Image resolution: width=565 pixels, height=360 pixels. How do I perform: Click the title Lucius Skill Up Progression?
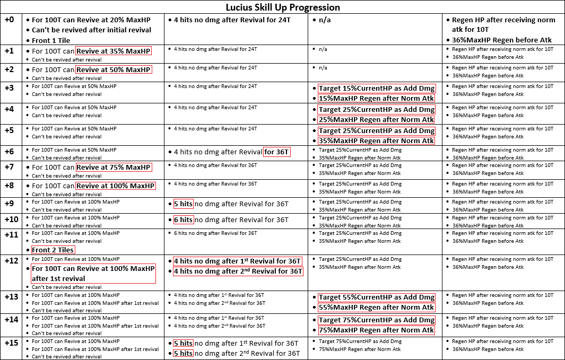pyautogui.click(x=282, y=7)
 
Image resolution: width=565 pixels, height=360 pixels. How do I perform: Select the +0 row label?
pyautogui.click(x=10, y=20)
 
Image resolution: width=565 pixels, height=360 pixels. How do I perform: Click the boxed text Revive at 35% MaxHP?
pyautogui.click(x=114, y=51)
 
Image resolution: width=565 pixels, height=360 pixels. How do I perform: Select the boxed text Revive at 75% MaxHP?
pyautogui.click(x=114, y=168)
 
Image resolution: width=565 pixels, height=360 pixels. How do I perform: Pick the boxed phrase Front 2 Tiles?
pyautogui.click(x=53, y=250)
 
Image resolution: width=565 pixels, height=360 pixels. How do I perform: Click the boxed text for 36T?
pyautogui.click(x=277, y=152)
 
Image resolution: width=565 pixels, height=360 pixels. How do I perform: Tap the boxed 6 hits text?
pyautogui.click(x=183, y=219)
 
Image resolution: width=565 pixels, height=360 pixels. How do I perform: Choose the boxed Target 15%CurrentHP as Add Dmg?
pyautogui.click(x=376, y=89)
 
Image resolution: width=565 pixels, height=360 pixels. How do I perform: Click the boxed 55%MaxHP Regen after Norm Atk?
pyautogui.click(x=376, y=308)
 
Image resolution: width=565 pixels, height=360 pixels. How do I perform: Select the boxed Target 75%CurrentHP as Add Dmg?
pyautogui.click(x=376, y=320)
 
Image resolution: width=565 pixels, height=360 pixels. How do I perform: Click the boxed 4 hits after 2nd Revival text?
pyautogui.click(x=238, y=271)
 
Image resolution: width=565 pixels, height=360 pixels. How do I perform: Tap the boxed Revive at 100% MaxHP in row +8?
pyautogui.click(x=116, y=186)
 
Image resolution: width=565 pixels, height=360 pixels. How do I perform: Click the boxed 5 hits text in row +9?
pyautogui.click(x=183, y=204)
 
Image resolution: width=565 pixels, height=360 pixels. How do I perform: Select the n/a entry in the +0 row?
pyautogui.click(x=323, y=20)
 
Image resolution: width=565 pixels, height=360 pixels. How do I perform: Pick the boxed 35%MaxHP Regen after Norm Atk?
pyautogui.click(x=376, y=141)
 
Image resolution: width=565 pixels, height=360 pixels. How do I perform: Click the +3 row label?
pyautogui.click(x=10, y=87)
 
